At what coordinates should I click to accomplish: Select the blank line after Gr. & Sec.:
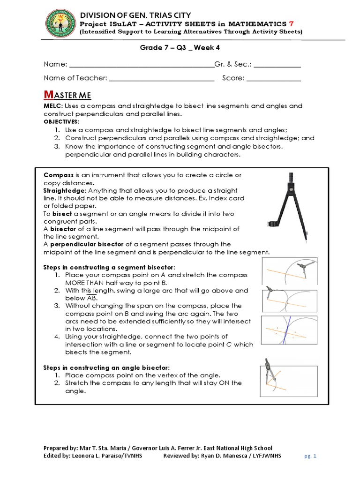click(277, 65)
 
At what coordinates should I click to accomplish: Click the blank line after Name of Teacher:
click(162, 78)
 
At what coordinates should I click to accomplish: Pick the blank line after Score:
click(274, 78)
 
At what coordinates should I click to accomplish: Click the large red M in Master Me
click(47, 95)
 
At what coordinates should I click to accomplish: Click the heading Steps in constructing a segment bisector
click(109, 266)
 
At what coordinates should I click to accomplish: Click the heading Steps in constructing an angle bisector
click(106, 367)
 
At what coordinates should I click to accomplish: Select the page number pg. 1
click(309, 456)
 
